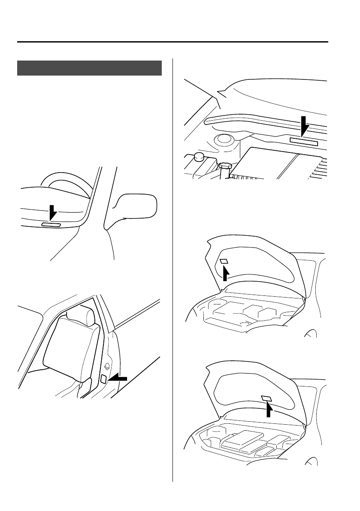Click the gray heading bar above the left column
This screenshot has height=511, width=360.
click(x=89, y=68)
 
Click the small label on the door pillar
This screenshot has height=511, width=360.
click(x=103, y=379)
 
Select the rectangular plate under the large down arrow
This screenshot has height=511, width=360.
click(x=304, y=142)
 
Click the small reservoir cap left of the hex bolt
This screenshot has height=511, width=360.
click(x=198, y=156)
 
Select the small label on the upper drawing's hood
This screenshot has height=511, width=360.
click(x=224, y=262)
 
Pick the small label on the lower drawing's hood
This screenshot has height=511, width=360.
click(x=266, y=398)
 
